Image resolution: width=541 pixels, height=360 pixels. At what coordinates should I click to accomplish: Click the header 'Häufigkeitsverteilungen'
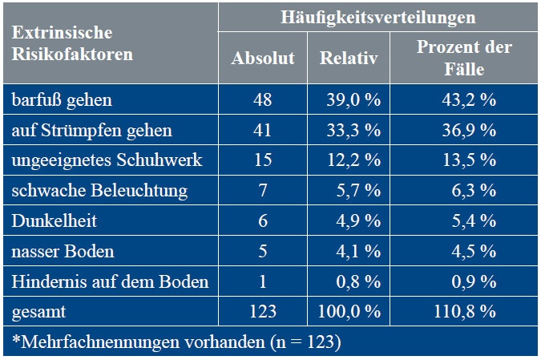coord(377,17)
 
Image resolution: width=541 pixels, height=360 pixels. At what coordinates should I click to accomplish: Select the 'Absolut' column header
coord(263,58)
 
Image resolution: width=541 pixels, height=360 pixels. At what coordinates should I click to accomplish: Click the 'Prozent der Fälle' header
coord(464,58)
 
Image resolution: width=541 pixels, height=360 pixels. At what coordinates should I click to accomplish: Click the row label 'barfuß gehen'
coord(62,100)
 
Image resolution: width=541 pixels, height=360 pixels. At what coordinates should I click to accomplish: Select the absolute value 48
coord(263,100)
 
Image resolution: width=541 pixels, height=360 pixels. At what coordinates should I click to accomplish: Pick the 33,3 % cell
coord(349,130)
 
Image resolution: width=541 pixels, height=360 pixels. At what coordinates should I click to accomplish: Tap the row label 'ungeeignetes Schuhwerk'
coord(107,160)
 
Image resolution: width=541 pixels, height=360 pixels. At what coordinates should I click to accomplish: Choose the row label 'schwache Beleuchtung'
coord(99,191)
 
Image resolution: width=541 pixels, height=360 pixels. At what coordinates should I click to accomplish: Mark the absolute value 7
coord(263,191)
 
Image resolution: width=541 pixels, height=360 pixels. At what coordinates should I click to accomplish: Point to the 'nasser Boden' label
coord(63,251)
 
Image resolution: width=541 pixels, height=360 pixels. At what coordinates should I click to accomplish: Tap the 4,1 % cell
coord(349,251)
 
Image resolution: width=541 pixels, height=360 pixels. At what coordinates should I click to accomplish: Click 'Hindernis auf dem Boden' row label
coord(110,281)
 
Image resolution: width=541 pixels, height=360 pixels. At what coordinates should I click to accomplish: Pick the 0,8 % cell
coord(349,281)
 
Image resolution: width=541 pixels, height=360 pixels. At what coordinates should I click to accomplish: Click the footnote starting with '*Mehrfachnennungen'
coord(176,342)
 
